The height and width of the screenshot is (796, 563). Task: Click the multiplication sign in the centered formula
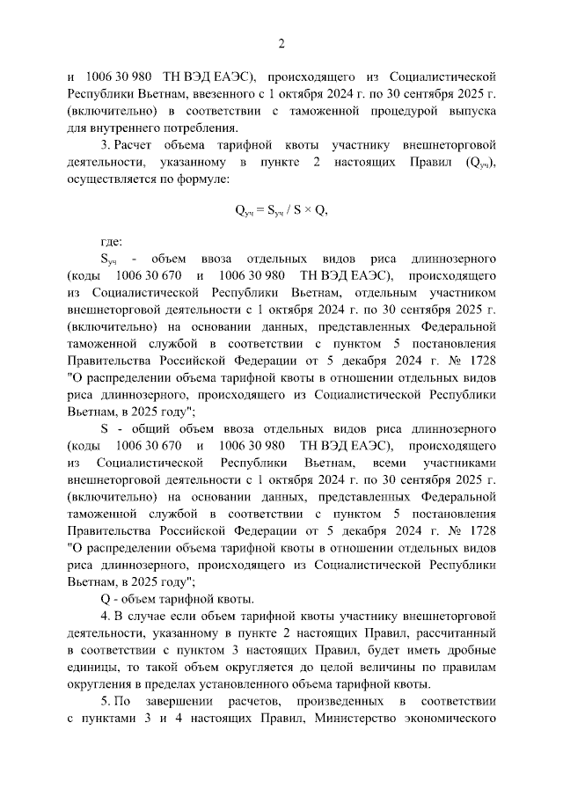click(x=310, y=211)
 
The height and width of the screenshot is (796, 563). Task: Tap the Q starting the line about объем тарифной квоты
click(x=104, y=598)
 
